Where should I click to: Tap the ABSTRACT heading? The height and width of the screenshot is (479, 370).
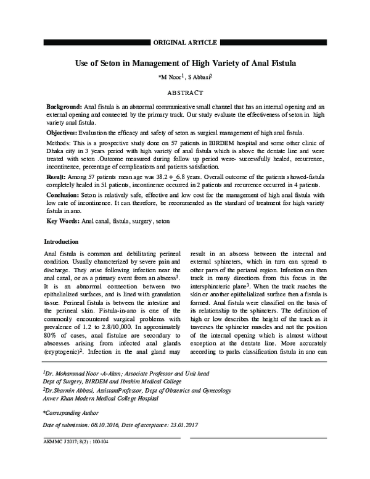[x=184, y=93]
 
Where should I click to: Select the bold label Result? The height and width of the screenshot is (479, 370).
[x=57, y=177]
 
